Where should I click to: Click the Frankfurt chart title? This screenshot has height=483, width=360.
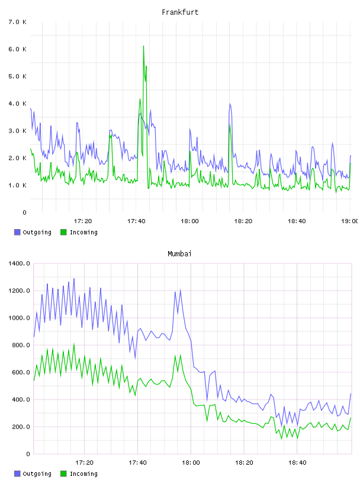180,12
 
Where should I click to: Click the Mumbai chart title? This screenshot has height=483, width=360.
179,253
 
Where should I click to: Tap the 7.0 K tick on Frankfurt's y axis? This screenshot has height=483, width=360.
17,22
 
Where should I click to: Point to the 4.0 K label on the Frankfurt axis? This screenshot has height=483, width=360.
17,104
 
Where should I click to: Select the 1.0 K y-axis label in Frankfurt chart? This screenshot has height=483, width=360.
17,185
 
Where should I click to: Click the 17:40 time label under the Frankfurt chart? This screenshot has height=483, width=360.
136,221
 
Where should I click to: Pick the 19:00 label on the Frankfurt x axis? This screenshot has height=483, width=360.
350,221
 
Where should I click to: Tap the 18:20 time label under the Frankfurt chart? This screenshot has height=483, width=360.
243,221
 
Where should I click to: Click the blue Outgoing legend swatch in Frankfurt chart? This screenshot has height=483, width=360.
17,232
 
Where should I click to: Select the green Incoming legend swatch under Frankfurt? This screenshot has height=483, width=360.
63,232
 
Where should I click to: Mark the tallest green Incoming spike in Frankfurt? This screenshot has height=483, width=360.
143,46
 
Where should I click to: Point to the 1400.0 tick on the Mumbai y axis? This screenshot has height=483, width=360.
19,263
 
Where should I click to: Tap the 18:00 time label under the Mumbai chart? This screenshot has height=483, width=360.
191,462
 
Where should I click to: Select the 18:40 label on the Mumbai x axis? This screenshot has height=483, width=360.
297,462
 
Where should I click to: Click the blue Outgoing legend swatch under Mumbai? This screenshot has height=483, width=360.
17,474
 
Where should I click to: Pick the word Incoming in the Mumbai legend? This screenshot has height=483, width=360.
83,474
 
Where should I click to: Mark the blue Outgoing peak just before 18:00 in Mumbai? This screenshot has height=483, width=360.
181,289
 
